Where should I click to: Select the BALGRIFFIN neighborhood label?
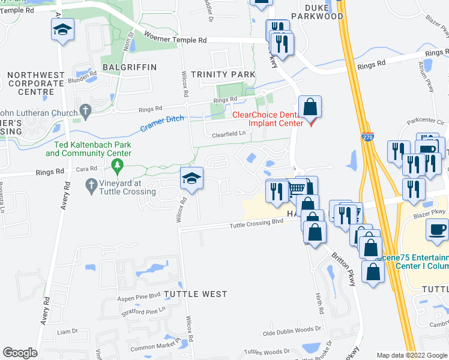tap(129, 67)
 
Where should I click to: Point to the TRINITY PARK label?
tap(223, 74)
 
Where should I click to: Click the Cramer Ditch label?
tap(161, 124)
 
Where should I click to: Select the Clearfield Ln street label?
tap(229, 134)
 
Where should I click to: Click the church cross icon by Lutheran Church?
tap(85, 111)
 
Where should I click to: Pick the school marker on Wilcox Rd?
tap(192, 178)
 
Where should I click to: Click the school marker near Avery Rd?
tap(62, 29)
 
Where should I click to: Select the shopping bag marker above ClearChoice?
tap(310, 107)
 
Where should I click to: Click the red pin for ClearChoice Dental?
tap(311, 123)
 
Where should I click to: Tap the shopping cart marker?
tap(296, 188)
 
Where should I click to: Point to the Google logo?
tap(20, 353)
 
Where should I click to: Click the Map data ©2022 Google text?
tap(412, 355)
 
